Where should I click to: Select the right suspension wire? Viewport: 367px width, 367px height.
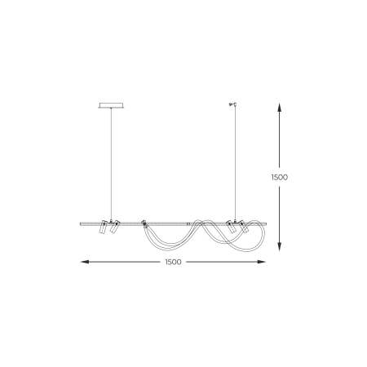point(236,163)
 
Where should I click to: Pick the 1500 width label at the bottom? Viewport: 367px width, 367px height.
point(171,262)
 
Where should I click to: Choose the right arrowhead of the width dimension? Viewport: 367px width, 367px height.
point(265,262)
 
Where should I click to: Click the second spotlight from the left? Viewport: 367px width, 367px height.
point(113,228)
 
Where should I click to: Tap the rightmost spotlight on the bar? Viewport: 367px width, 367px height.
point(242,228)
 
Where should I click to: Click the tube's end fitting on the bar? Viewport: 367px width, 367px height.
point(144,223)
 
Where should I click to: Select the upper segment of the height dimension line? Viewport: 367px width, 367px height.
point(281,139)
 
